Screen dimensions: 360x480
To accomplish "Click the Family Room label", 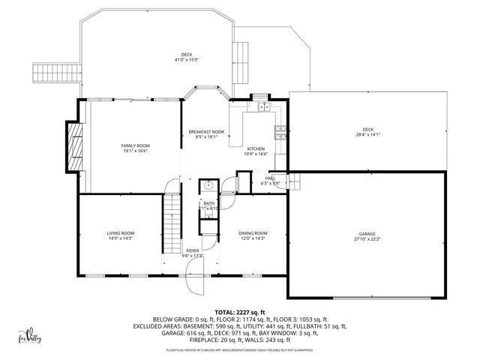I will [136, 145].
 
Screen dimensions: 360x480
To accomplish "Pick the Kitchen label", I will [256, 148].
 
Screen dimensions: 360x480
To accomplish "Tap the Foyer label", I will [193, 250].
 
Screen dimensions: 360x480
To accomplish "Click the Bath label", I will [208, 202].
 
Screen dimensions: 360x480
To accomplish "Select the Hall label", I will [270, 178].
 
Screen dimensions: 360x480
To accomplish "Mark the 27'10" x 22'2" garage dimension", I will [367, 239].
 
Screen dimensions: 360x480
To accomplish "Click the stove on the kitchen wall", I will [280, 134].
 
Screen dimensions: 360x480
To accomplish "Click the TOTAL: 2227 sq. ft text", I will [240, 311].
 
